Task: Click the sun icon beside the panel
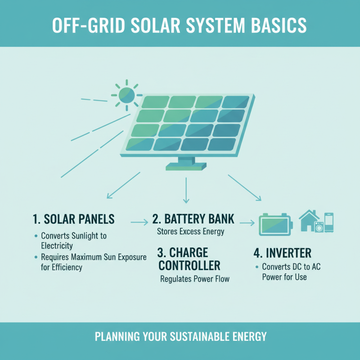[x=126, y=94]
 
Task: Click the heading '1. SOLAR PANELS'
[x=74, y=219]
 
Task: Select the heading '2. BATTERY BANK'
[x=193, y=219]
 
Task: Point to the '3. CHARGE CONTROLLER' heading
[x=189, y=258]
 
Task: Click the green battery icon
[x=274, y=224]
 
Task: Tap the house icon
[x=309, y=220]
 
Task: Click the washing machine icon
[x=319, y=227]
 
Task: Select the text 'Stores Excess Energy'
[x=190, y=232]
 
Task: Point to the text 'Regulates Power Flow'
[x=195, y=279]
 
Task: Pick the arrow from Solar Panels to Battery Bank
[x=139, y=221]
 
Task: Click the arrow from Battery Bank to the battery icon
[x=247, y=222]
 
